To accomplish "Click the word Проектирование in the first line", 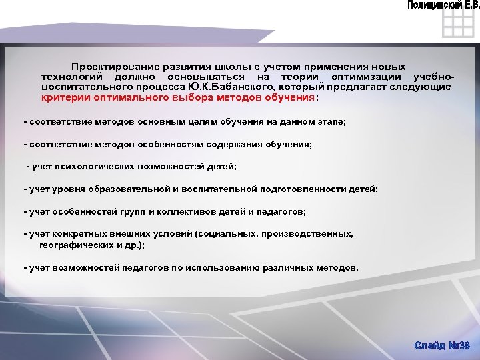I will [107, 68].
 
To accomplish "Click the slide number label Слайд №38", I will [441, 345].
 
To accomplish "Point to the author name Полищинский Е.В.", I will [443, 5].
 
